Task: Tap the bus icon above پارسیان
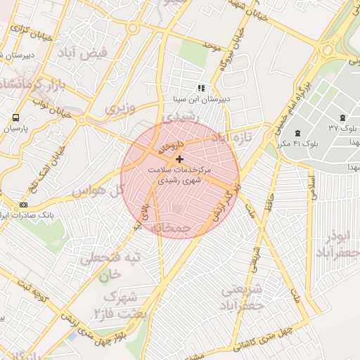(15, 117)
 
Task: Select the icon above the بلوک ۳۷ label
(342, 117)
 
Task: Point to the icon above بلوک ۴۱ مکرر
(298, 133)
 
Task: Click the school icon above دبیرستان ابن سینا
(200, 89)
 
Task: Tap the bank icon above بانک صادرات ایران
(24, 205)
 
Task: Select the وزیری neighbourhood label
(120, 109)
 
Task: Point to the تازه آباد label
(231, 137)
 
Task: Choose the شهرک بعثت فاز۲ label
(119, 303)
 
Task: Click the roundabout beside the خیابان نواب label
(82, 120)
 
